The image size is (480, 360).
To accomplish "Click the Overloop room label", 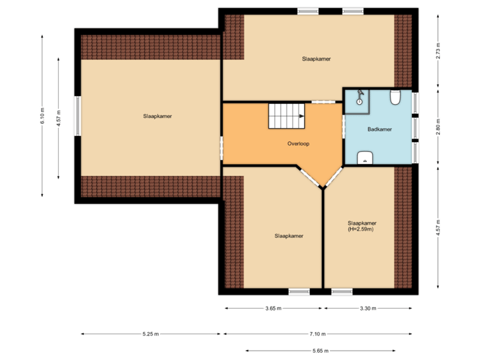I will [299, 143].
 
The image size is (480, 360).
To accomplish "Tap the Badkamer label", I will [379, 129].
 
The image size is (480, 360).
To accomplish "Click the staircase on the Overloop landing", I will [286, 116].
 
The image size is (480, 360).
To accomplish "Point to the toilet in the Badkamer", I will [395, 99].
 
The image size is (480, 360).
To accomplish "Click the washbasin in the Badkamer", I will [365, 157].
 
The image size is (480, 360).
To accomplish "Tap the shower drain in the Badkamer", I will [359, 103].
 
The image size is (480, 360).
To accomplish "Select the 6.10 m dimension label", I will [42, 116].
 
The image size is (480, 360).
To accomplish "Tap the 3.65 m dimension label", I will [273, 309].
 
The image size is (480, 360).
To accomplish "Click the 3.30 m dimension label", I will [368, 309].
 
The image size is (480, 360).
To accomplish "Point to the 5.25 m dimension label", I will [151, 334].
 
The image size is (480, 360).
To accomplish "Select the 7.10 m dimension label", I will [317, 334].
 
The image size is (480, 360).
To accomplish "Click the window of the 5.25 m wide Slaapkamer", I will [77, 116].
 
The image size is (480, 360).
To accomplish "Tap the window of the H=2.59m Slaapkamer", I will [342, 291].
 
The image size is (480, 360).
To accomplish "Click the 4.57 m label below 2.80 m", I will [438, 227].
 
